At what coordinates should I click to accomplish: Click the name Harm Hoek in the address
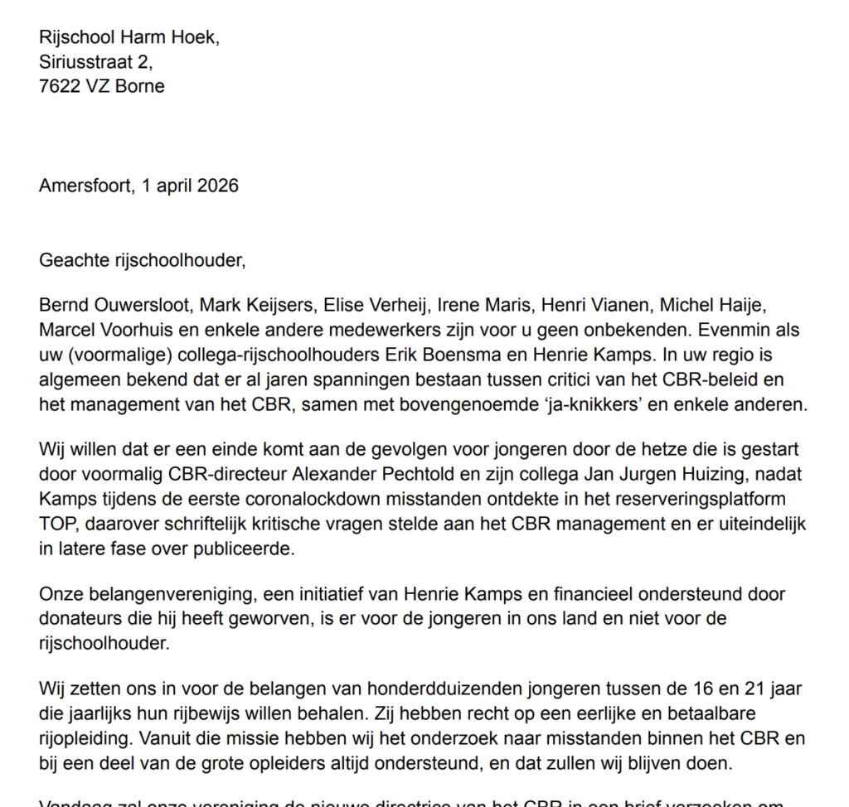pos(169,37)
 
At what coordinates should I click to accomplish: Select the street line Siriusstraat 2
pos(95,61)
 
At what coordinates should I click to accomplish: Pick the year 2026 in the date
pos(217,185)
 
